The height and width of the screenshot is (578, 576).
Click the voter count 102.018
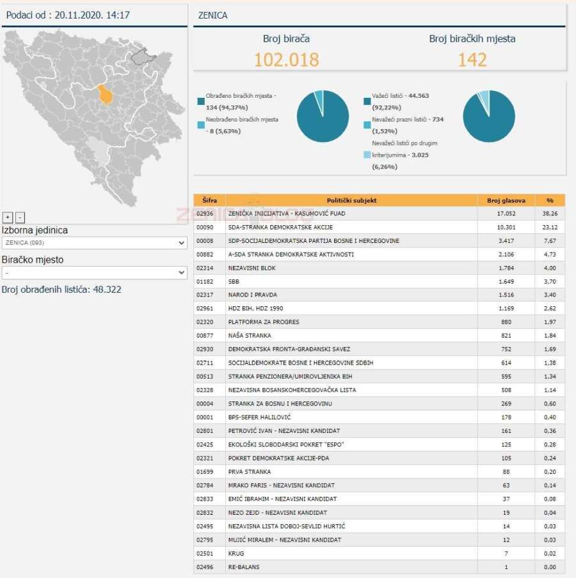pyautogui.click(x=286, y=59)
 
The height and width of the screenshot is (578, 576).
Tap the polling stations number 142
pyautogui.click(x=472, y=59)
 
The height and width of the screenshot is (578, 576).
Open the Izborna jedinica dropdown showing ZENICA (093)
pyautogui.click(x=94, y=243)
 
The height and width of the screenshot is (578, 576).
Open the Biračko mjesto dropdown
pyautogui.click(x=94, y=272)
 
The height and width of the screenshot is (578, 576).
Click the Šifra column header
pyautogui.click(x=209, y=200)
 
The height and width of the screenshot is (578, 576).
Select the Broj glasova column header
pyautogui.click(x=506, y=200)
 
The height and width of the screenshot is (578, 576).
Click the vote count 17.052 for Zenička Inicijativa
pyautogui.click(x=506, y=214)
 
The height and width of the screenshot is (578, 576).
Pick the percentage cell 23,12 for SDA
pyautogui.click(x=550, y=227)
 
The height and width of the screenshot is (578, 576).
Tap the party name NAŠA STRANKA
pyautogui.click(x=250, y=336)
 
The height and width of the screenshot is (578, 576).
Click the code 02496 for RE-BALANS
pyautogui.click(x=205, y=566)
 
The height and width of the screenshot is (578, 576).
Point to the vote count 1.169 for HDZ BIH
pyautogui.click(x=506, y=308)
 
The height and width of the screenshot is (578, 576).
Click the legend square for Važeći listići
pyautogui.click(x=367, y=101)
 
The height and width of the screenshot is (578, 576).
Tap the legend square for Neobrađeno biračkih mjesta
pyautogui.click(x=201, y=125)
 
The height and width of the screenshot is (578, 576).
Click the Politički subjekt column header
pyautogui.click(x=351, y=200)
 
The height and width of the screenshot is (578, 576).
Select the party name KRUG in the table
pyautogui.click(x=236, y=553)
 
